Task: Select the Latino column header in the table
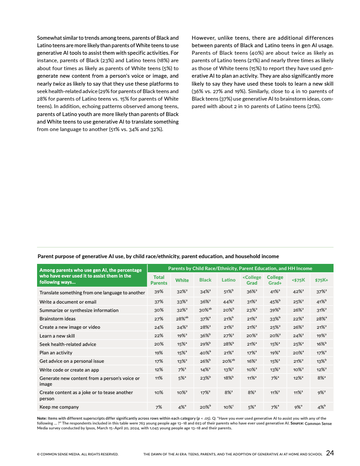click(228, 280)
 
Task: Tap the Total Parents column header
click(159, 280)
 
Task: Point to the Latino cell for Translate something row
click(228, 292)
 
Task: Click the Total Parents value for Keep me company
click(159, 406)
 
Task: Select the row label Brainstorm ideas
click(57, 319)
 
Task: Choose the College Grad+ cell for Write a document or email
click(275, 302)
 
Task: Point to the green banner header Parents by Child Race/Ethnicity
click(240, 268)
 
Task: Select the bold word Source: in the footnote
click(294, 423)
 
